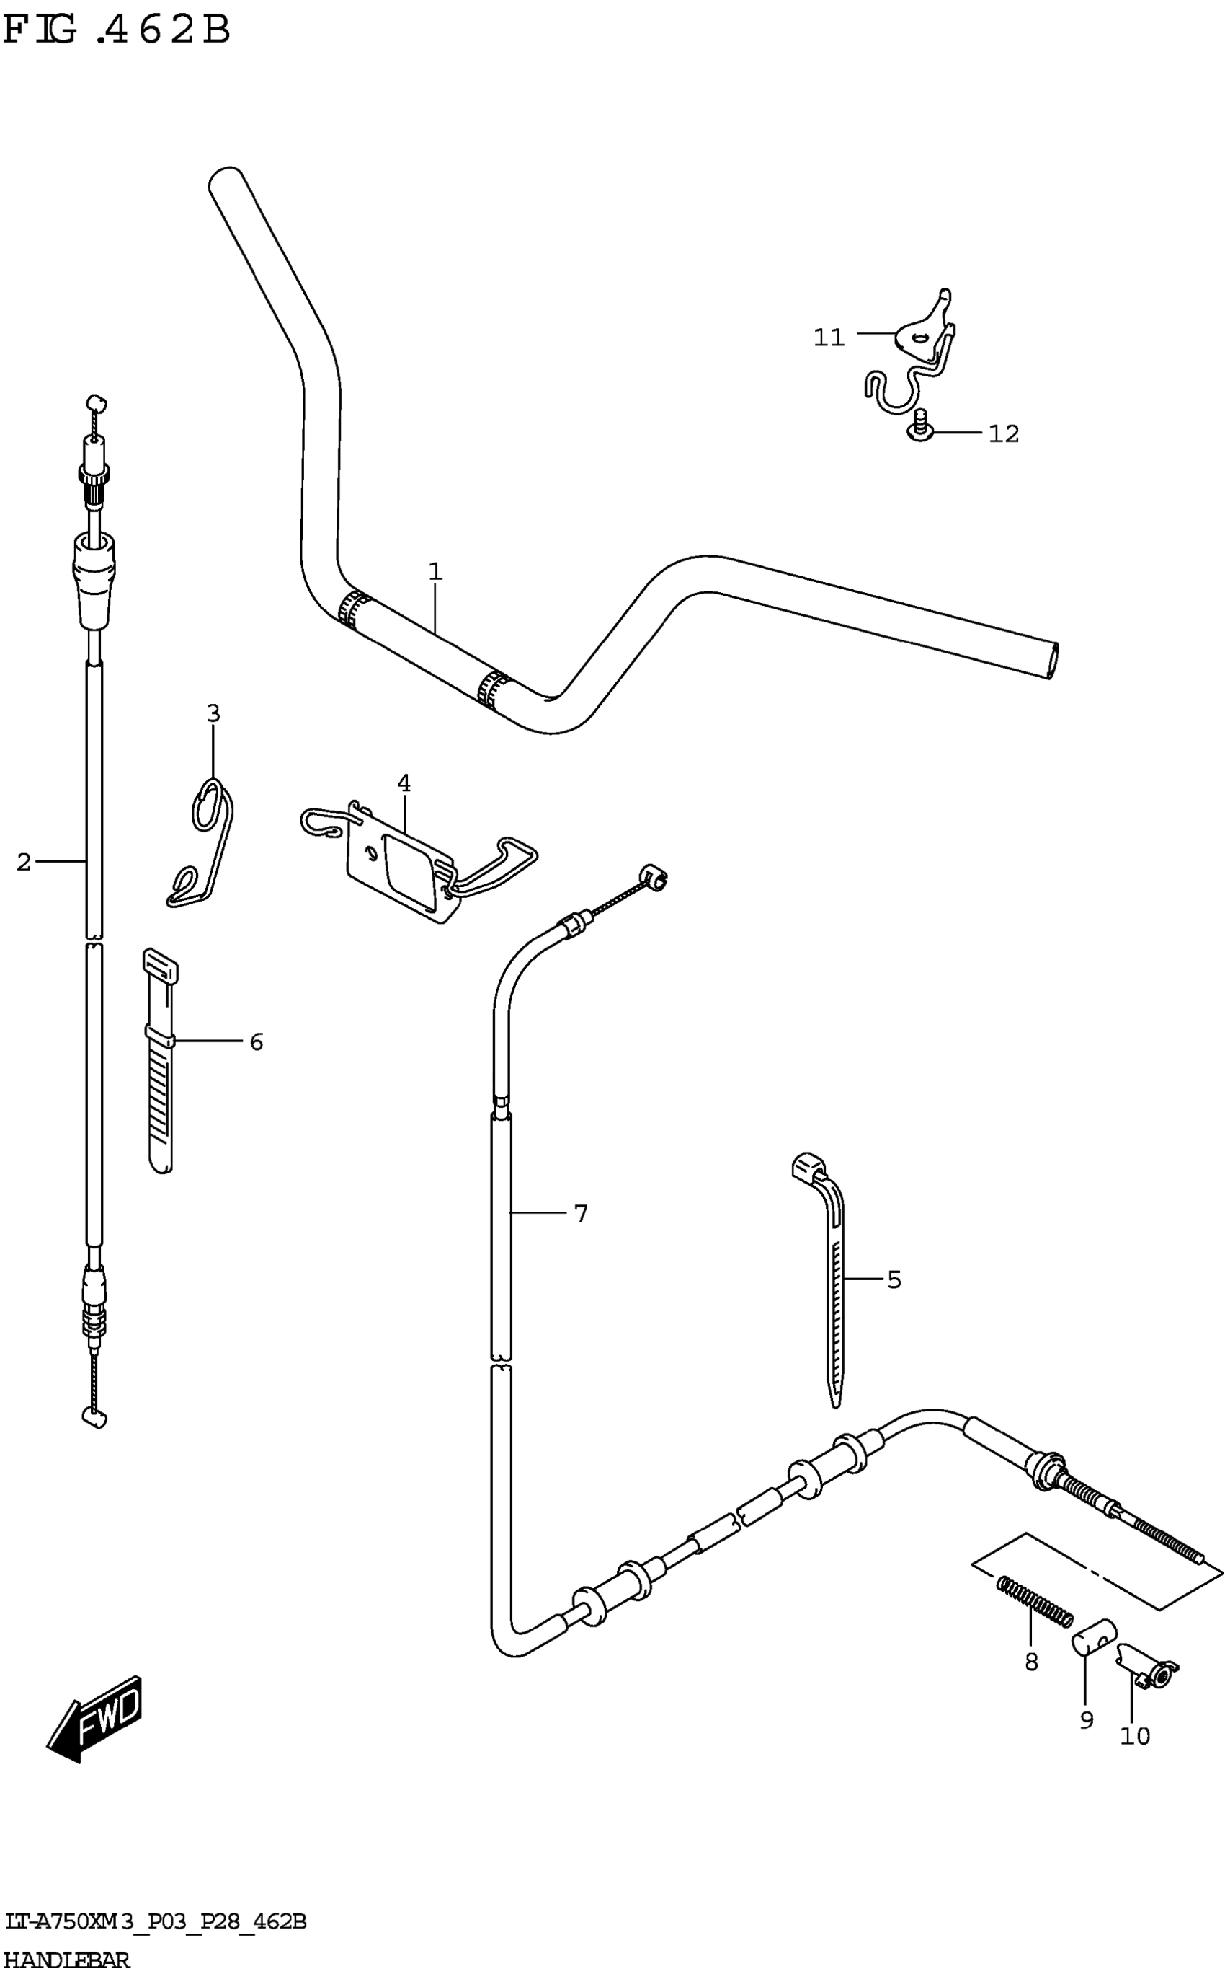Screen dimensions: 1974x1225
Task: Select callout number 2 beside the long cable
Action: pyautogui.click(x=24, y=862)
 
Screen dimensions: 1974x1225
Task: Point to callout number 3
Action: pyautogui.click(x=213, y=713)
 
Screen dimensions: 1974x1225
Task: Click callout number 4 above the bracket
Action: pyautogui.click(x=404, y=784)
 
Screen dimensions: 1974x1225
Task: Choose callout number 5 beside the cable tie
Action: pyautogui.click(x=894, y=1279)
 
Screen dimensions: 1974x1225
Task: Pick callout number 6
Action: pyautogui.click(x=256, y=1041)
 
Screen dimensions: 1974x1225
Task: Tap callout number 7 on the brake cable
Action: pyautogui.click(x=580, y=1214)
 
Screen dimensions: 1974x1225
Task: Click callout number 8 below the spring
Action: pyautogui.click(x=1030, y=1662)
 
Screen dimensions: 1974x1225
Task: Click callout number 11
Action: pyautogui.click(x=829, y=338)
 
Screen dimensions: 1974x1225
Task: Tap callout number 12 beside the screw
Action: pyautogui.click(x=1003, y=433)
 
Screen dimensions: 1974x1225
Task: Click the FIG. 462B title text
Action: pyautogui.click(x=117, y=31)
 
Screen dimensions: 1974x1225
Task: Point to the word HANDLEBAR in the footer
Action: pyautogui.click(x=66, y=1962)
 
